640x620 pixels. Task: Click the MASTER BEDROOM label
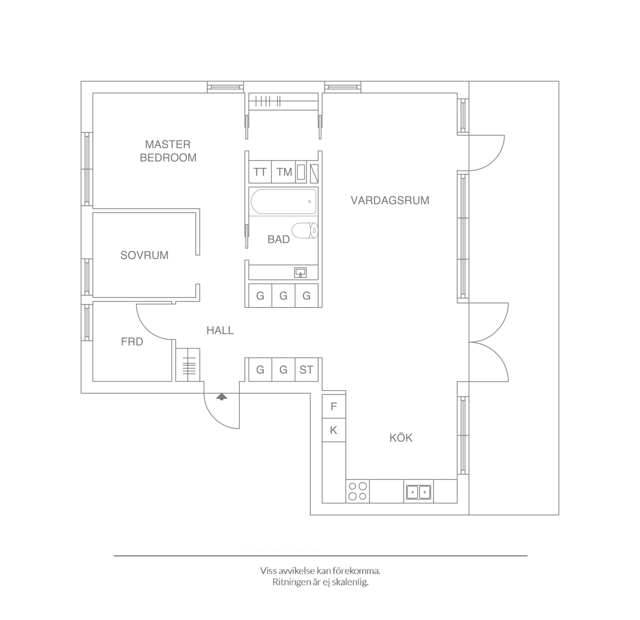point(168,151)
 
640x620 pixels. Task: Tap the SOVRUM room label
point(144,255)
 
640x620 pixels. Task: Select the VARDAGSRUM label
point(390,200)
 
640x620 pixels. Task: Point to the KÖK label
point(401,438)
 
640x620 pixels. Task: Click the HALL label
point(220,330)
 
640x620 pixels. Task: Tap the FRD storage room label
point(132,342)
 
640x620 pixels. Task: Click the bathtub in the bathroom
point(283,201)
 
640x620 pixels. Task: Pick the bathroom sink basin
point(300,272)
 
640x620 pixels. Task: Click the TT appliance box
point(260,172)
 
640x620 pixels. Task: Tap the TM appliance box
point(284,172)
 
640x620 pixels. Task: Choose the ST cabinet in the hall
point(306,370)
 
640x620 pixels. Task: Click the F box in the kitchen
point(334,406)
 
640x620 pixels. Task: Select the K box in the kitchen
point(334,430)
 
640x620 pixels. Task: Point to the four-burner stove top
point(357,491)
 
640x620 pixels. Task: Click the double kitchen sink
point(418,491)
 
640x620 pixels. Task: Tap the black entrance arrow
point(222,397)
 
